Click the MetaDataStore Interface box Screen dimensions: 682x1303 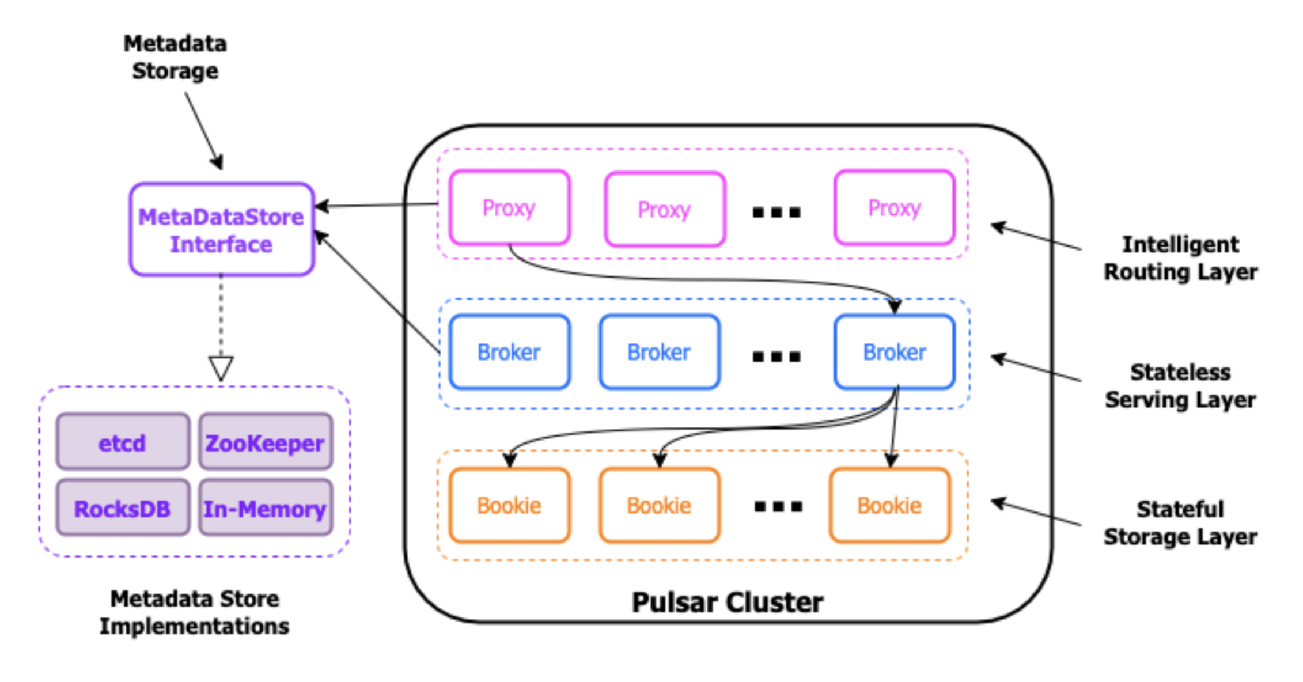pyautogui.click(x=222, y=230)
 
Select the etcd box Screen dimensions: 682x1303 pyautogui.click(x=123, y=442)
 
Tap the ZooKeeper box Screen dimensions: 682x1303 pyautogui.click(x=266, y=442)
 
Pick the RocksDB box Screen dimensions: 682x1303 pyautogui.click(x=123, y=508)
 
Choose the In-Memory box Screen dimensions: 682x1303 pyautogui.click(x=266, y=508)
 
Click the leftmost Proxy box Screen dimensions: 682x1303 pyautogui.click(x=509, y=207)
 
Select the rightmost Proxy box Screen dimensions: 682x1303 pyautogui.click(x=894, y=207)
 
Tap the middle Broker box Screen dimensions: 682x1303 pyautogui.click(x=659, y=352)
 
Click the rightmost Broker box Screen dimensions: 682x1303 pyautogui.click(x=894, y=352)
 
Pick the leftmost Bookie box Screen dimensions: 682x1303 pyautogui.click(x=509, y=505)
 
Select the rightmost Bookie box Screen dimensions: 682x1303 pyautogui.click(x=889, y=505)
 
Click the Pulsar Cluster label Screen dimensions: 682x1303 pyautogui.click(x=727, y=603)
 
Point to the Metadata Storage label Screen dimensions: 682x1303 pyautogui.click(x=175, y=57)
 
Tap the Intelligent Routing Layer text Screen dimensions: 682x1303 pyautogui.click(x=1180, y=258)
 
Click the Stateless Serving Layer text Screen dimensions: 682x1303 pyautogui.click(x=1180, y=386)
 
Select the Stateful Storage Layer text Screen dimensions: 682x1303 pyautogui.click(x=1180, y=523)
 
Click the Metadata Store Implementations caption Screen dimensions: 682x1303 pyautogui.click(x=195, y=612)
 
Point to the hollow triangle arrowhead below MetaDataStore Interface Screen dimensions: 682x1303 pyautogui.click(x=221, y=367)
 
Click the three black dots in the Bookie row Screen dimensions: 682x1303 pyautogui.click(x=778, y=507)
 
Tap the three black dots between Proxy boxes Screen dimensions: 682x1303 pyautogui.click(x=777, y=213)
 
